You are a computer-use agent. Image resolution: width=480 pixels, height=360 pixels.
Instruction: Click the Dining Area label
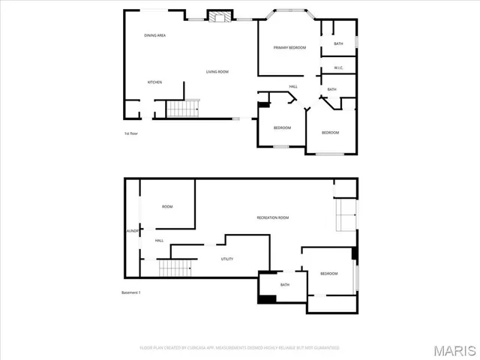tap(155, 35)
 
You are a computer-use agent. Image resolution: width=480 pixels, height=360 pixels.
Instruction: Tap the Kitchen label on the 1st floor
tap(154, 82)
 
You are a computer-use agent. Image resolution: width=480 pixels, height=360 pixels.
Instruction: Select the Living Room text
tap(217, 72)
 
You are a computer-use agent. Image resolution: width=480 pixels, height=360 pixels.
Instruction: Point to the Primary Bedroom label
tap(289, 48)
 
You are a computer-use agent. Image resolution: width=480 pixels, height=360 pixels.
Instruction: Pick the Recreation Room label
tap(273, 217)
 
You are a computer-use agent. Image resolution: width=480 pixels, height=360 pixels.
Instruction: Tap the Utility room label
tap(226, 259)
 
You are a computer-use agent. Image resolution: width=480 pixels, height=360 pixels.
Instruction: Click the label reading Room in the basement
tap(167, 206)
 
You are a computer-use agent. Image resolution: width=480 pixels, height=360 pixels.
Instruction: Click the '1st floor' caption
tap(131, 133)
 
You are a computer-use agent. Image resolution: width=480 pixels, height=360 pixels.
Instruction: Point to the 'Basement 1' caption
tap(130, 292)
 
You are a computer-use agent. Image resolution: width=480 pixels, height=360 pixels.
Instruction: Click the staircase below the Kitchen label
tap(182, 109)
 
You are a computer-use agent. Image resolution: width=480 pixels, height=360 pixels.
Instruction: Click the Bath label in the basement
tap(285, 285)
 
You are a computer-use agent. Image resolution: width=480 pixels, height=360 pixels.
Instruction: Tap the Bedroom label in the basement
tap(329, 274)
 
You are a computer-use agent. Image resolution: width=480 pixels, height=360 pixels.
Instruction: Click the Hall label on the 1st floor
tap(294, 86)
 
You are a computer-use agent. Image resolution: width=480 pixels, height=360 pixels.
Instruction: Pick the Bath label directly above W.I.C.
tap(338, 43)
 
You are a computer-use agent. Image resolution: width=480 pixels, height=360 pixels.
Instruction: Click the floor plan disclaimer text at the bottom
tap(240, 348)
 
